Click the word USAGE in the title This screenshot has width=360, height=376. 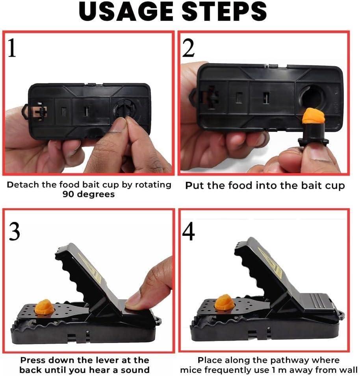click(x=124, y=13)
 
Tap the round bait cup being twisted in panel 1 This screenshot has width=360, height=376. click(x=125, y=109)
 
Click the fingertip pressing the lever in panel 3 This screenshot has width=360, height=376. click(x=134, y=301)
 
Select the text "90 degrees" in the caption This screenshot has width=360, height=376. click(x=89, y=194)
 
